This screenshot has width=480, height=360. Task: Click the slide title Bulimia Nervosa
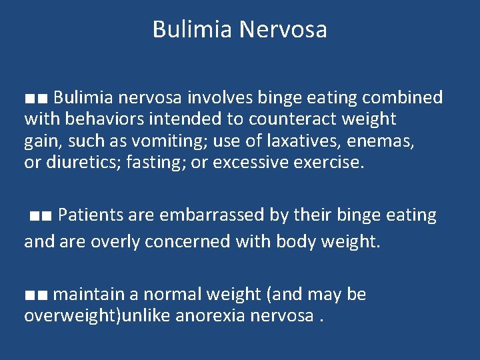tap(239, 29)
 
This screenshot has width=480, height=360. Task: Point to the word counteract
tap(295, 119)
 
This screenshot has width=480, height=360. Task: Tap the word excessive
tap(255, 162)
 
